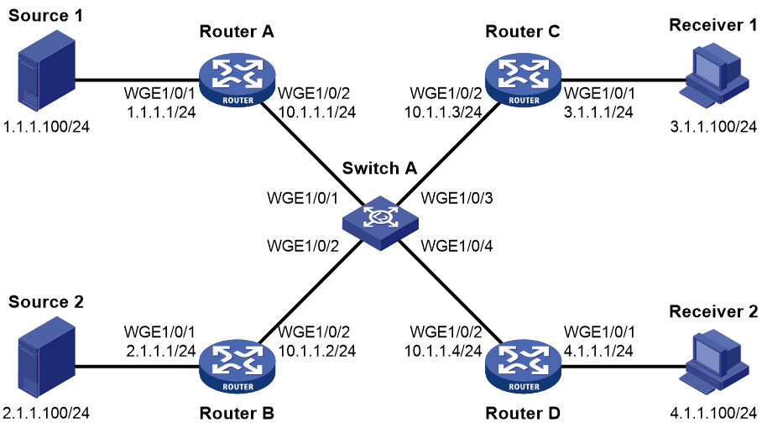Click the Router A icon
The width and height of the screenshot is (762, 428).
pyautogui.click(x=237, y=81)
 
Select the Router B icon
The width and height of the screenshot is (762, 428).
pyautogui.click(x=237, y=367)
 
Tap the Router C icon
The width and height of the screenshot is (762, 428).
pyautogui.click(x=524, y=81)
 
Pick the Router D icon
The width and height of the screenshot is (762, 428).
pyautogui.click(x=524, y=367)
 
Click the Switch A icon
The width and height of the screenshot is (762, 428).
pyautogui.click(x=380, y=223)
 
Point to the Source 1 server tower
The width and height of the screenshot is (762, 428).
pyautogui.click(x=47, y=70)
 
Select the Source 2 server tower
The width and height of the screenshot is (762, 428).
pyautogui.click(x=47, y=357)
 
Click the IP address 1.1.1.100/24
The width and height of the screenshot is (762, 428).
pyautogui.click(x=47, y=127)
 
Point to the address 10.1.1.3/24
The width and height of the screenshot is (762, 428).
pyautogui.click(x=443, y=112)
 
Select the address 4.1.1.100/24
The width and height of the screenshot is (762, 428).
pyautogui.click(x=713, y=414)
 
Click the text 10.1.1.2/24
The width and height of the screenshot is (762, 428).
pyautogui.click(x=317, y=351)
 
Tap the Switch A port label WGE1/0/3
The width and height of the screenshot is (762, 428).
pyautogui.click(x=457, y=198)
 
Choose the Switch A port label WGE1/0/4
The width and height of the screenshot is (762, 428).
pyautogui.click(x=457, y=246)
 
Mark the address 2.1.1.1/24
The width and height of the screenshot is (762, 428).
pyautogui.click(x=161, y=351)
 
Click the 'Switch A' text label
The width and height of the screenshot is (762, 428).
pyautogui.click(x=379, y=168)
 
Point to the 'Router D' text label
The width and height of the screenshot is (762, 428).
pyautogui.click(x=523, y=414)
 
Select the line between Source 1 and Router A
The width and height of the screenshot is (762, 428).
pyautogui.click(x=138, y=81)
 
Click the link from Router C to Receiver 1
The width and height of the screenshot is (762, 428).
pyautogui.click(x=621, y=81)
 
